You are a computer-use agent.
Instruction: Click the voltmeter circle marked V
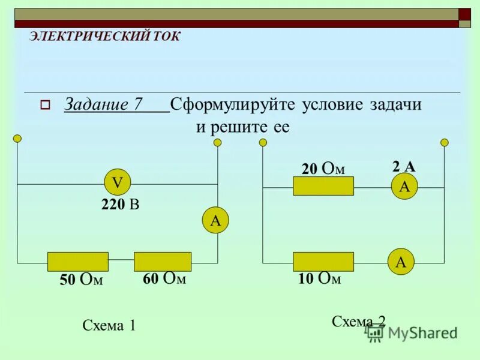tap(118, 182)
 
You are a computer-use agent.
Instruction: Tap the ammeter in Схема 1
tap(215, 220)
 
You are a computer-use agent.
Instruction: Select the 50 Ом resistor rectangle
tap(78, 262)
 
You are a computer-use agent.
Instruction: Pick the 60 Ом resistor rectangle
tap(163, 262)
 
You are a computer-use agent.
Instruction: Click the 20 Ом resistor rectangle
tap(323, 186)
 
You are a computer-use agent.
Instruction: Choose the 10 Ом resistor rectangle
tap(323, 262)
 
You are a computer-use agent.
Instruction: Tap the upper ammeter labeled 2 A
tap(404, 187)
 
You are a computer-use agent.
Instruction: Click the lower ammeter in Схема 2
tap(401, 262)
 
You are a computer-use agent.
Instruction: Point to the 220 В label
tap(120, 205)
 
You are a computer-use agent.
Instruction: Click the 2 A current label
tap(404, 167)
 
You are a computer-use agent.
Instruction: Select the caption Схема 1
tap(109, 326)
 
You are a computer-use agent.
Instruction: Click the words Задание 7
tap(103, 104)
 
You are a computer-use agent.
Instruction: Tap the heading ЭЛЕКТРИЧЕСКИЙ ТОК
tap(104, 36)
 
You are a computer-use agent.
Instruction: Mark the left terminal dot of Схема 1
tap(17, 139)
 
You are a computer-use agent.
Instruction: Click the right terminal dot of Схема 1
tap(217, 142)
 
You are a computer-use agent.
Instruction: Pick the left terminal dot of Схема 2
tap(263, 142)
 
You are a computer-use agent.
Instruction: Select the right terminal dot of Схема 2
tap(445, 142)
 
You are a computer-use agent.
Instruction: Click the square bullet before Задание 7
tap(44, 105)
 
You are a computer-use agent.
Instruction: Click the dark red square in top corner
tap(464, 14)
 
